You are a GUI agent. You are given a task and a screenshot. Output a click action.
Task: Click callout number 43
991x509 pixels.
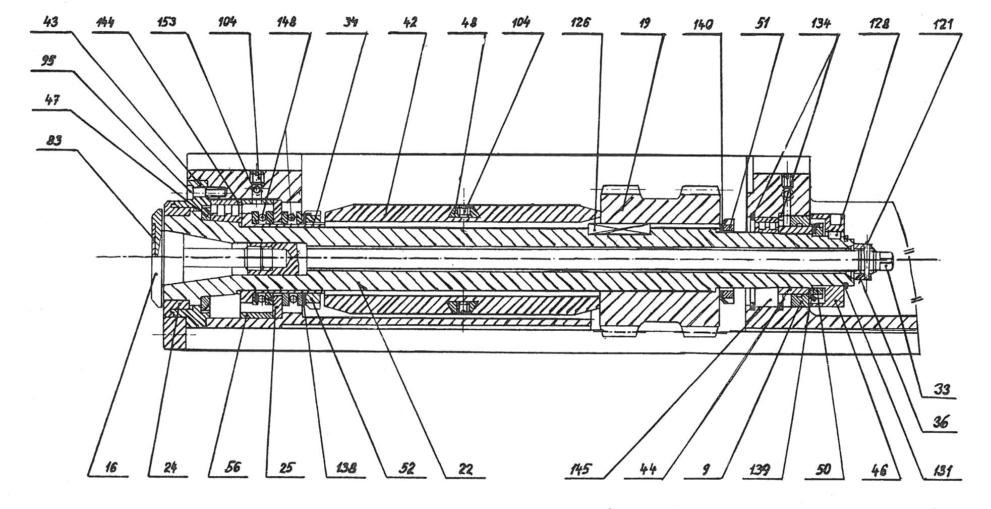(x=51, y=23)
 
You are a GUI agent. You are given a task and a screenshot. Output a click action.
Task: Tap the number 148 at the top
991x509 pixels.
(x=286, y=23)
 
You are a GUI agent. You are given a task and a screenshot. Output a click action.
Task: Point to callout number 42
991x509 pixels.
(x=411, y=23)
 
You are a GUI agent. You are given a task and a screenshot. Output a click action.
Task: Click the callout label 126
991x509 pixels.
(x=580, y=23)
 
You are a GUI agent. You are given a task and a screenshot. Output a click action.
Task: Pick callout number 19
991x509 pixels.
(x=645, y=23)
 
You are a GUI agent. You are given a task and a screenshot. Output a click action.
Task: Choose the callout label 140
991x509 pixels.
(x=703, y=24)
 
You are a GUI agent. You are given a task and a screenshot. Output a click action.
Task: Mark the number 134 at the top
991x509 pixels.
(x=821, y=23)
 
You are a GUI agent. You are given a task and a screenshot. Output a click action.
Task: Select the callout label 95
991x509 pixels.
(x=48, y=61)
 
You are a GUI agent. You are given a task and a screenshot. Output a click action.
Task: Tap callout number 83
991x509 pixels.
(x=54, y=140)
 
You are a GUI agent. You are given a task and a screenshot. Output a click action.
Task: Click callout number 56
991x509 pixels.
(x=231, y=467)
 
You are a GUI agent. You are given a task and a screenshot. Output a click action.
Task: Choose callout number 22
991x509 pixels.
(x=465, y=470)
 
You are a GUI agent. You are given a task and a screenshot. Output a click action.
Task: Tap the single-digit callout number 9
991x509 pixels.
(x=706, y=470)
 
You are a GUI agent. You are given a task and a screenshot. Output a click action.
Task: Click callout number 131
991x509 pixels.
(x=942, y=471)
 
